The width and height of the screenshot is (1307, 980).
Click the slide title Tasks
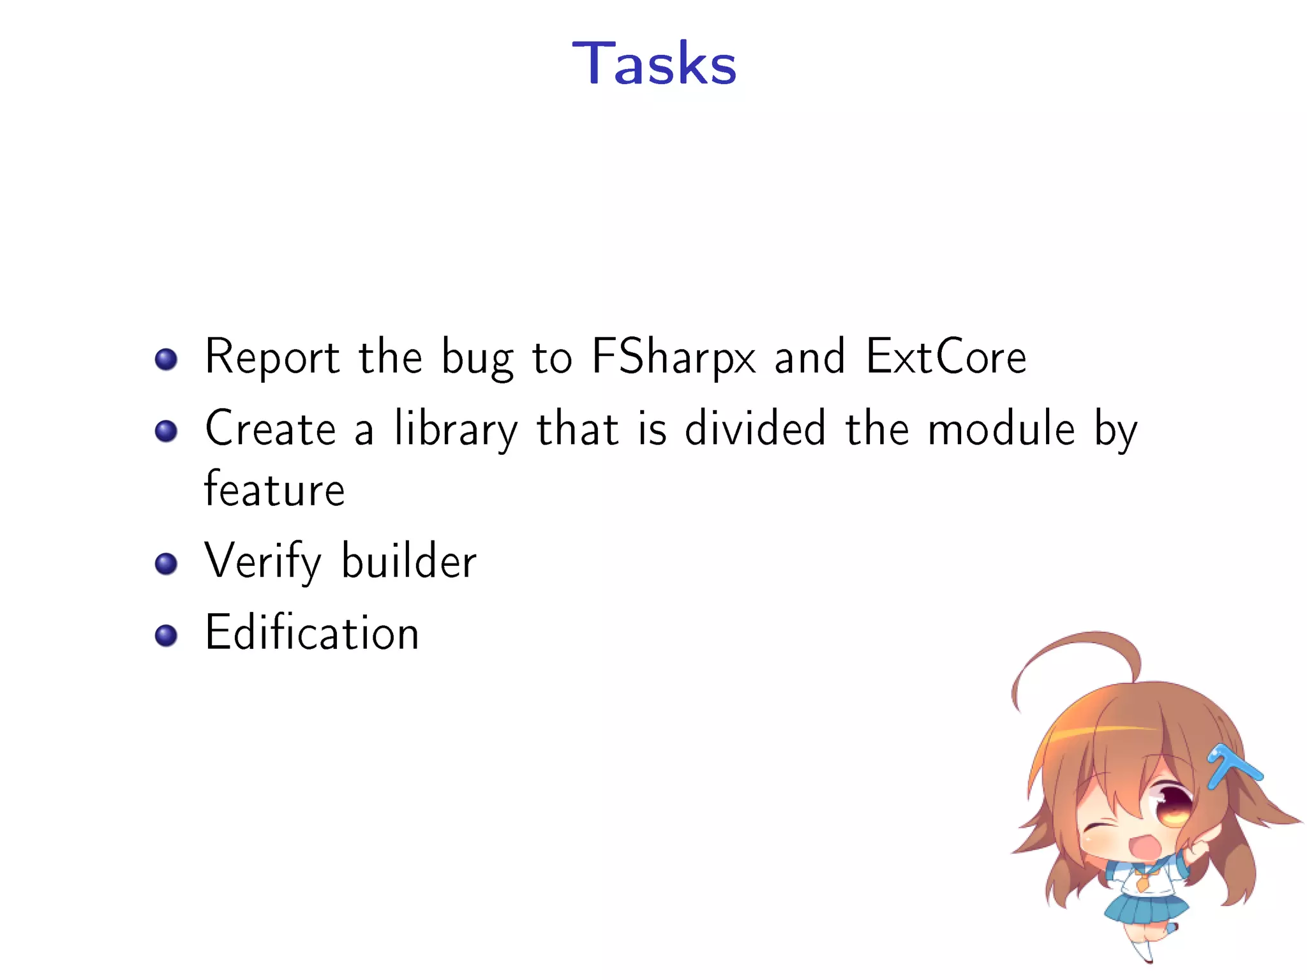click(654, 63)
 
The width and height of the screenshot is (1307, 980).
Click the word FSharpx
click(673, 357)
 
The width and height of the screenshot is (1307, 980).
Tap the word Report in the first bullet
click(272, 357)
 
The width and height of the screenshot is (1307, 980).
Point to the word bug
click(477, 357)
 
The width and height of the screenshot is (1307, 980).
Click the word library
click(456, 428)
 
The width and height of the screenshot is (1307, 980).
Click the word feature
click(274, 489)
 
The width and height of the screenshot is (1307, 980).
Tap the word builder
click(409, 561)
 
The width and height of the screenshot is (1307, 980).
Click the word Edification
click(311, 632)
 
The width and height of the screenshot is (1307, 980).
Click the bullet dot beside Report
click(166, 359)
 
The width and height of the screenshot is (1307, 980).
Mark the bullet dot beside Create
click(166, 431)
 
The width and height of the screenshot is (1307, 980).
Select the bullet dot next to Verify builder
click(166, 564)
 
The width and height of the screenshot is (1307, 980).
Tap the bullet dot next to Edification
click(166, 635)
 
